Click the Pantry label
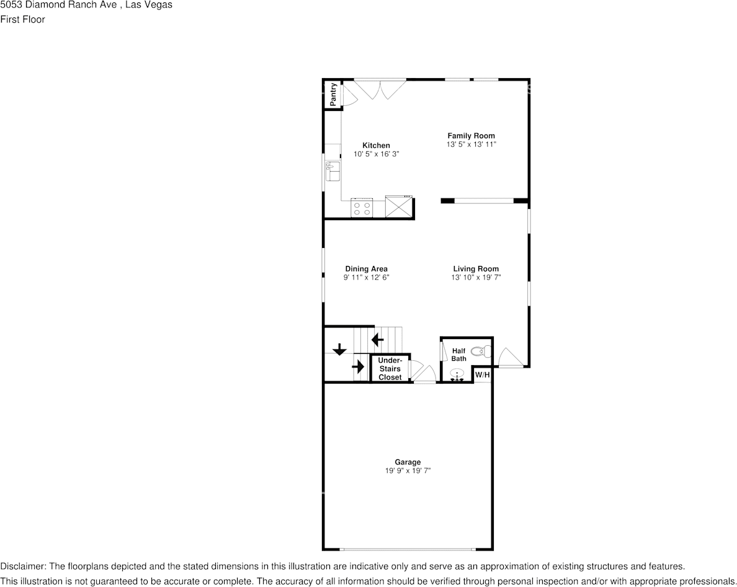click(334, 94)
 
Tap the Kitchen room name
click(376, 146)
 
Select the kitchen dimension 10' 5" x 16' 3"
click(376, 154)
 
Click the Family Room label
click(471, 136)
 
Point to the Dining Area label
click(366, 269)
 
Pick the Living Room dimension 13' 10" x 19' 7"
click(476, 278)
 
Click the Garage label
click(408, 462)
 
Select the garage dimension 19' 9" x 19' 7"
click(408, 470)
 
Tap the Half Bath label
click(459, 355)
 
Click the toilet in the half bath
click(480, 352)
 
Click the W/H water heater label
click(483, 375)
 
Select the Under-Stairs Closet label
click(390, 369)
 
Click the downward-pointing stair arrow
click(339, 350)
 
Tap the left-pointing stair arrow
click(377, 339)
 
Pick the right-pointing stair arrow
click(359, 366)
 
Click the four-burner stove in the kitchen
click(362, 207)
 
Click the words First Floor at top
click(22, 19)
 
